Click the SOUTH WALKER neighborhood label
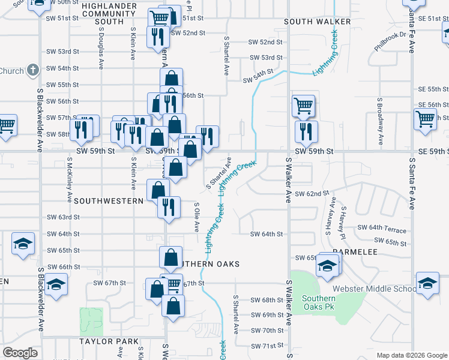(317, 22)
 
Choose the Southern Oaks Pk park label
(319, 303)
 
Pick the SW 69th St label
(267, 315)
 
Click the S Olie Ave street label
(196, 217)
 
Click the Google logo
(20, 353)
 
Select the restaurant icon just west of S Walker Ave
(306, 131)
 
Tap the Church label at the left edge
(11, 71)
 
